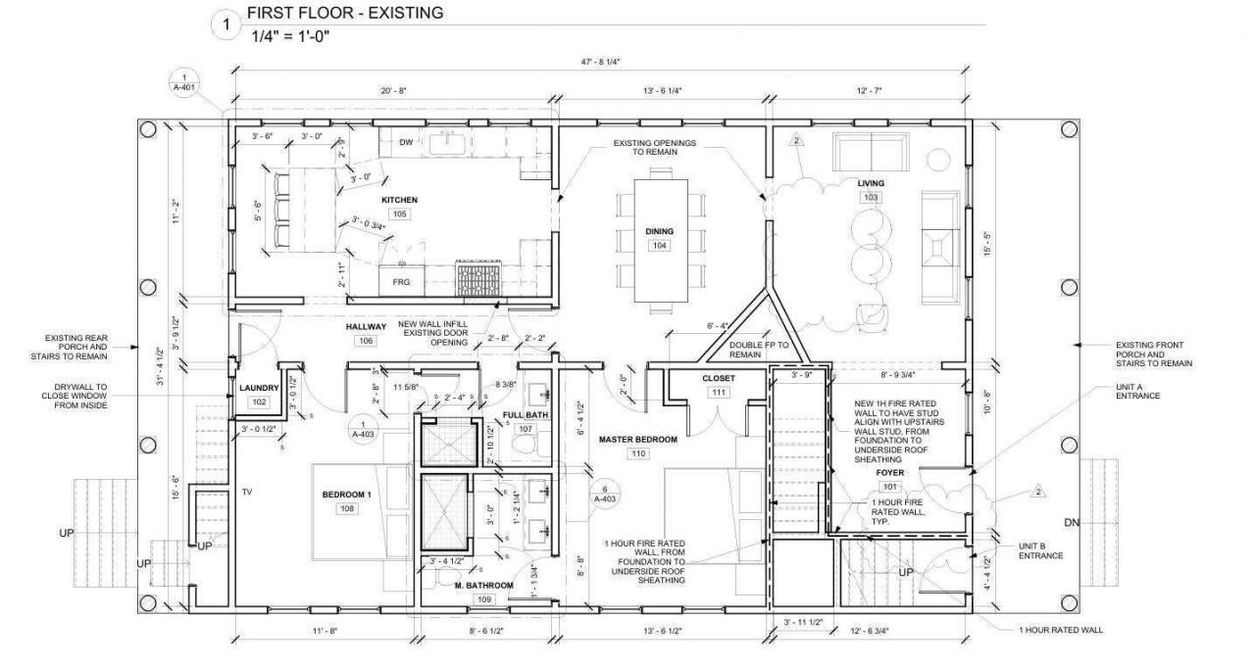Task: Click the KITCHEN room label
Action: [x=400, y=200]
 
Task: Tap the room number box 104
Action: [x=660, y=245]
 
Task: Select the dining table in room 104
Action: [x=660, y=240]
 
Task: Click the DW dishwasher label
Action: [x=406, y=142]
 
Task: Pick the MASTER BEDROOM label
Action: [x=638, y=440]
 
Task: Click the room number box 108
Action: [x=346, y=509]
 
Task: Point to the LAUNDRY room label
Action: [x=259, y=388]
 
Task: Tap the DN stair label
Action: [x=1072, y=523]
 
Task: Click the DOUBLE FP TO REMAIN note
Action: [x=758, y=351]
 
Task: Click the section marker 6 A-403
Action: [x=605, y=494]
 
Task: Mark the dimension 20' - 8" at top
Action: [x=393, y=89]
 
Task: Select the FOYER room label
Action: [x=890, y=472]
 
